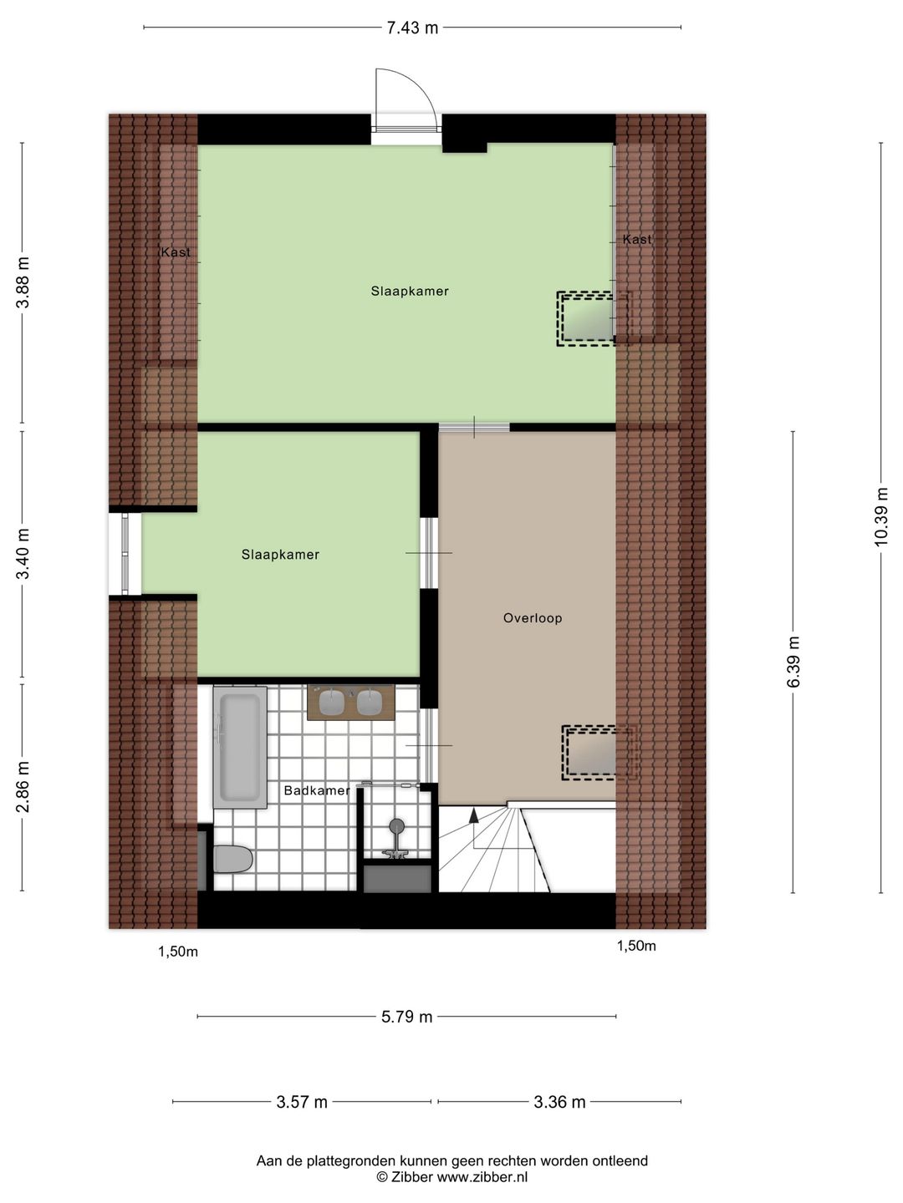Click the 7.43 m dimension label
(x=411, y=28)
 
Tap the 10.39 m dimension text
(x=881, y=517)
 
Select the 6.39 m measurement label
(x=793, y=662)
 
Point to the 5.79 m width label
(x=407, y=1017)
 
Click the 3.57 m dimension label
(x=302, y=1102)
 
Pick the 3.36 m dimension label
(x=559, y=1102)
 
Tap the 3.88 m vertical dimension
(x=23, y=282)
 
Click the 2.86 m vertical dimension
(x=23, y=786)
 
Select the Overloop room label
(x=533, y=618)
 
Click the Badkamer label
(x=316, y=790)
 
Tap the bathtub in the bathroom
(x=240, y=747)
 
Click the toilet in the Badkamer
(x=232, y=859)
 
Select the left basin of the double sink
(x=332, y=703)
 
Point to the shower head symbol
(x=396, y=826)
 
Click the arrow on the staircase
(x=474, y=815)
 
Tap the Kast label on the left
(x=176, y=252)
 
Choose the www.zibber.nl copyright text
(x=451, y=1177)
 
